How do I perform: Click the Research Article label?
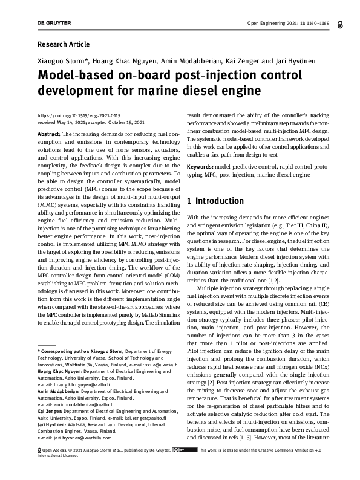(x=64, y=44)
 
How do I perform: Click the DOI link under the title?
(x=70, y=115)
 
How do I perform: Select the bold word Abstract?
(x=48, y=134)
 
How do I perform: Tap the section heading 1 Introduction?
(x=215, y=201)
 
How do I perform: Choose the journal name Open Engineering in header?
(x=268, y=23)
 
